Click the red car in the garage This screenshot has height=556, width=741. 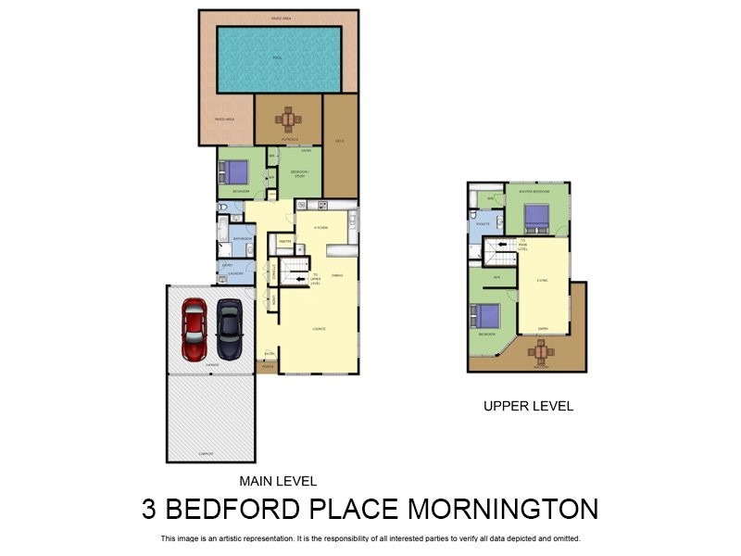[x=194, y=329]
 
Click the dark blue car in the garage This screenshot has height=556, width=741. [x=229, y=329]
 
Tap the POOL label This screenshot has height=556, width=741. [x=278, y=58]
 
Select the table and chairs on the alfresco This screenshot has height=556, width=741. [x=288, y=119]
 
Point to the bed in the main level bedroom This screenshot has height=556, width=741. [x=234, y=172]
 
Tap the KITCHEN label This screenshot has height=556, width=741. [x=320, y=227]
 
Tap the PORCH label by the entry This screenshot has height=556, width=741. [x=267, y=368]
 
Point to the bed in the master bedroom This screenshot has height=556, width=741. [x=537, y=217]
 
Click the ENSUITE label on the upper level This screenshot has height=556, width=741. [x=483, y=223]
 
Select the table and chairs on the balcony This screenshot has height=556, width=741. [x=541, y=351]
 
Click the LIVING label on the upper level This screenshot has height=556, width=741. [x=542, y=279]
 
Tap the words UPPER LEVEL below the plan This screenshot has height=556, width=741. [x=528, y=406]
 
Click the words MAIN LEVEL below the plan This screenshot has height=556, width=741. [x=278, y=481]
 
